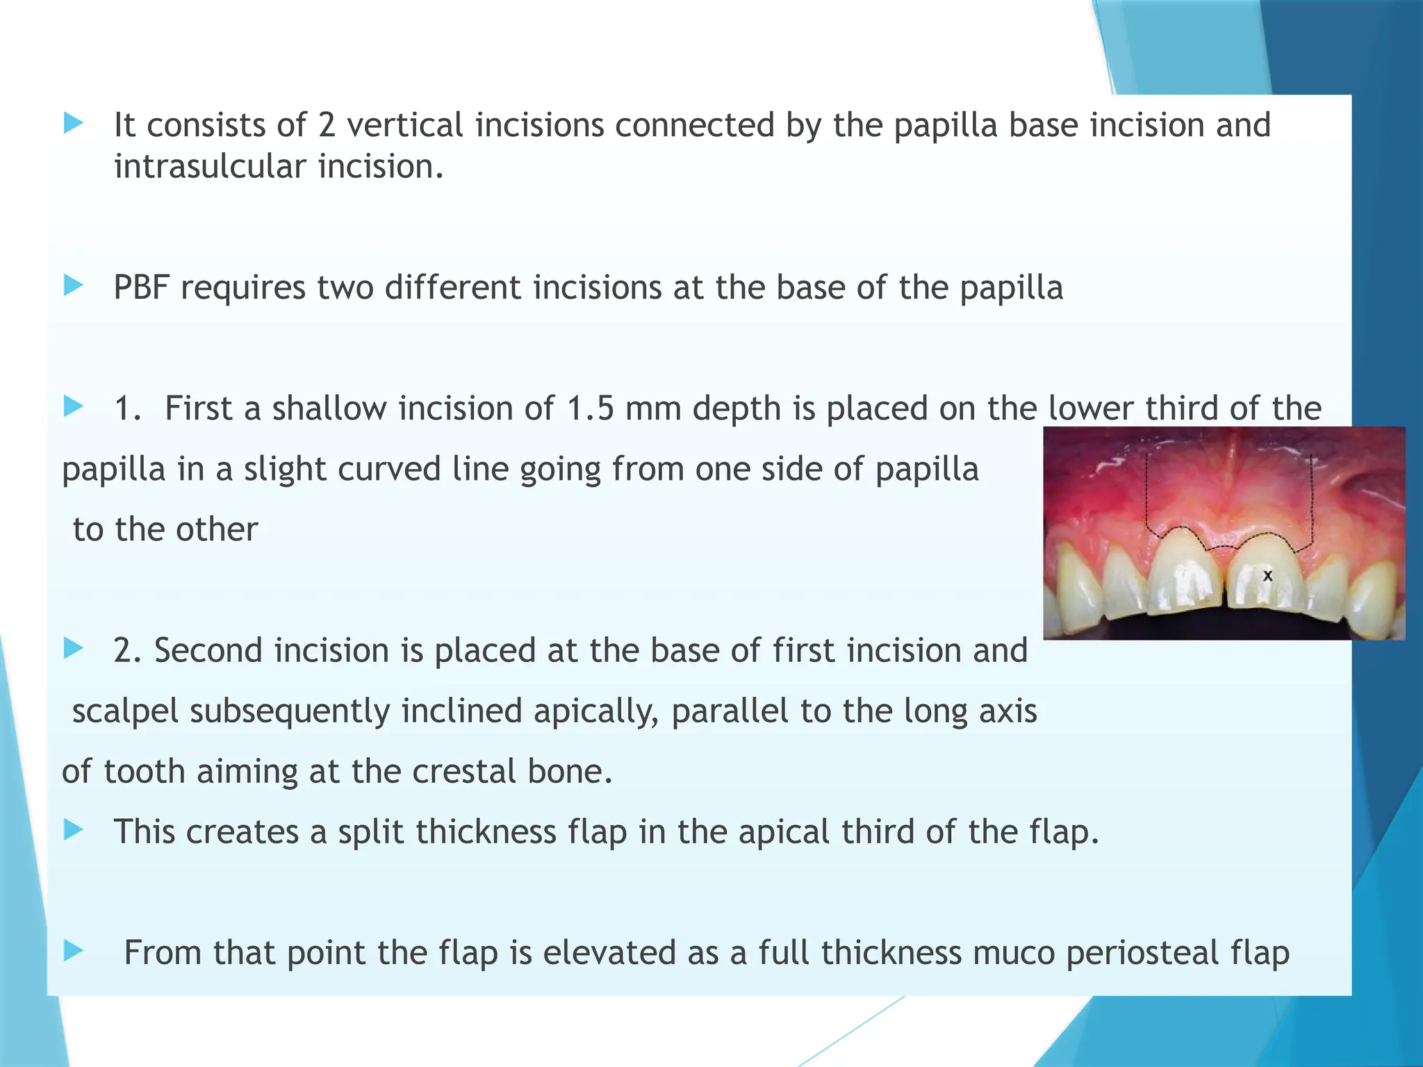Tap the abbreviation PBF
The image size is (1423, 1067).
click(x=142, y=288)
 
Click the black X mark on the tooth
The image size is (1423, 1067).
click(x=1267, y=576)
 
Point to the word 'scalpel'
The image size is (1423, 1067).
click(x=126, y=711)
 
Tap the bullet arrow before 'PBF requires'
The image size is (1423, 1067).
click(x=73, y=285)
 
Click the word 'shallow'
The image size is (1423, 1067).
click(x=329, y=408)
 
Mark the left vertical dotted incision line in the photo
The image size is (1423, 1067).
click(x=1146, y=493)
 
